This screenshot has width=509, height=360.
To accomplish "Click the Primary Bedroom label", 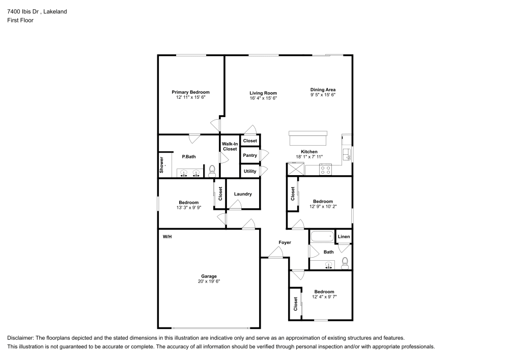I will tap(190, 92).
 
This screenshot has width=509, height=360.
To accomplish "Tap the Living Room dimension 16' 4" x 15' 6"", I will tap(263, 98).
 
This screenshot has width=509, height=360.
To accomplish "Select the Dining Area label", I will tap(323, 90).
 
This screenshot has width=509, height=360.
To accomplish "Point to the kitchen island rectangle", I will tap(307, 138).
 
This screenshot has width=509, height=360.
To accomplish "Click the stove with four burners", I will tap(326, 170).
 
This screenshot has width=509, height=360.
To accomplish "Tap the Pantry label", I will tap(249, 155).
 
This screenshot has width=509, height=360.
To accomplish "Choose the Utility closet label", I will tap(249, 171).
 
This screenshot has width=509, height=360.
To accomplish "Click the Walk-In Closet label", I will tap(230, 147).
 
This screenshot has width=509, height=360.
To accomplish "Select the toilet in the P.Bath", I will tap(212, 172).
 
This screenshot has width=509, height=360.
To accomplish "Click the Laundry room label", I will tap(243, 194).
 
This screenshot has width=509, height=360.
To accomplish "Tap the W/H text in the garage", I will tap(167, 237).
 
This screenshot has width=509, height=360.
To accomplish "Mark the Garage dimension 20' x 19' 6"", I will tap(209, 281).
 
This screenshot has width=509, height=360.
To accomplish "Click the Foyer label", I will tap(285, 242).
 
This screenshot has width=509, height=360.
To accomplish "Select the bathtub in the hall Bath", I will tap(321, 237).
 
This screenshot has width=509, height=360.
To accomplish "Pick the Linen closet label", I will tap(344, 237).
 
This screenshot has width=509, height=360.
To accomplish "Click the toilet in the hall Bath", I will tap(345, 263).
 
